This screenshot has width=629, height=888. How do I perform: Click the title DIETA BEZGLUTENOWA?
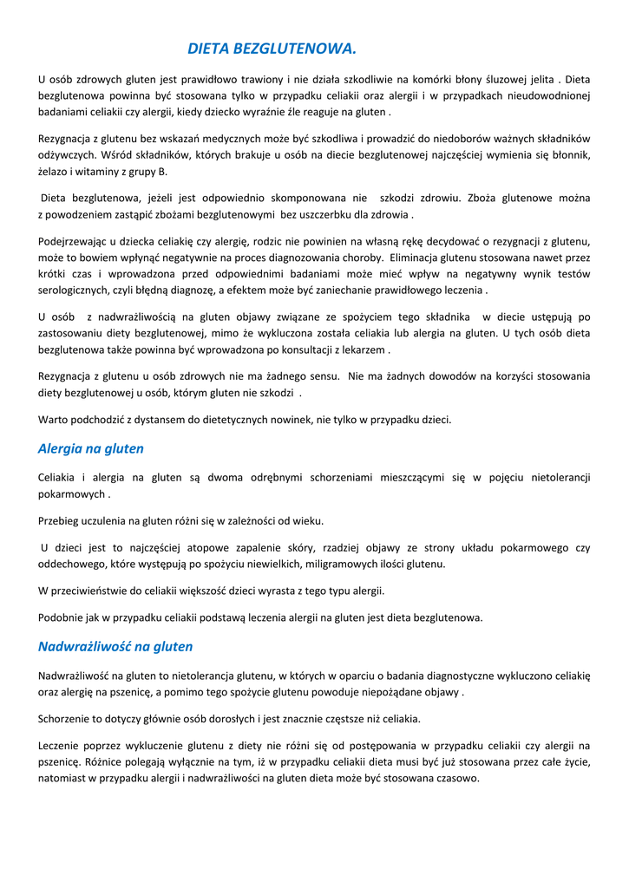272,49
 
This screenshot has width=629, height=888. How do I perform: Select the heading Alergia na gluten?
91,449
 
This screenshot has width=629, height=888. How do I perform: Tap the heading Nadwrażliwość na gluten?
115,647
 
